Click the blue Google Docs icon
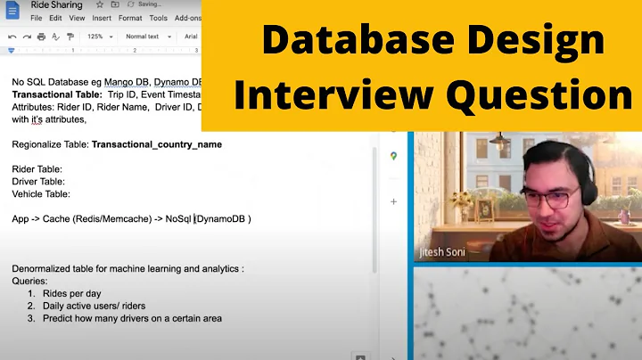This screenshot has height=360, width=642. click(x=12, y=10)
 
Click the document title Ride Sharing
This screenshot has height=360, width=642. click(x=55, y=5)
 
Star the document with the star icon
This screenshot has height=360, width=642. click(x=100, y=5)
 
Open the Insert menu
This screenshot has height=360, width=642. click(x=102, y=18)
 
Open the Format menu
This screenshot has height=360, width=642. click(x=130, y=18)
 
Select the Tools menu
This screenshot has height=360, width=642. click(x=159, y=18)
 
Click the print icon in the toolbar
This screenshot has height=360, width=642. click(x=41, y=37)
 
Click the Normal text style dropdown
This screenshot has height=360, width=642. click(x=145, y=37)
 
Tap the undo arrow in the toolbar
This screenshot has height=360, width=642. click(x=12, y=37)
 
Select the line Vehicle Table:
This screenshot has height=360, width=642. click(x=41, y=193)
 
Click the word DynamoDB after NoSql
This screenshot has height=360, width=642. click(x=224, y=218)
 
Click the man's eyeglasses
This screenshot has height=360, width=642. click(x=547, y=197)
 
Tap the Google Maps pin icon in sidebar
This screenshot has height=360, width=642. click(x=393, y=156)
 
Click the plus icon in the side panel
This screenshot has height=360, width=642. click(x=393, y=202)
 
